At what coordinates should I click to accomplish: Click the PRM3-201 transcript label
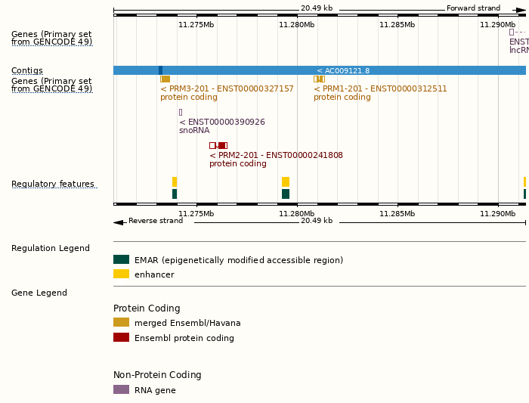coord(227,88)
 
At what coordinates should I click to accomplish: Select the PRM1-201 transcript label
coord(380,88)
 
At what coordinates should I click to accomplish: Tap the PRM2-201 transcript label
coord(276,155)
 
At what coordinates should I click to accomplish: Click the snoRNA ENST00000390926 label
coord(222,122)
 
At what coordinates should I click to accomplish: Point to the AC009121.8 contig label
coord(343,70)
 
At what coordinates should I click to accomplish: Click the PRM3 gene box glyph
coord(165,79)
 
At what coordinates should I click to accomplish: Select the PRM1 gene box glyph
coord(319,79)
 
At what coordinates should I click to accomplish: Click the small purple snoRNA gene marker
coord(181,112)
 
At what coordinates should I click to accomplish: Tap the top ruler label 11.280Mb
coord(296,25)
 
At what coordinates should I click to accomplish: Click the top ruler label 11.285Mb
coord(397,25)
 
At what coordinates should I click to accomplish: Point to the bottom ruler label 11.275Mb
coord(196,213)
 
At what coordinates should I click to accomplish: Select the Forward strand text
coord(473,8)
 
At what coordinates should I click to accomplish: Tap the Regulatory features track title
coord(53,184)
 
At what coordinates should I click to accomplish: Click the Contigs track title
coord(27,70)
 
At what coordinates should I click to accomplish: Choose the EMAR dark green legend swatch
coord(121,259)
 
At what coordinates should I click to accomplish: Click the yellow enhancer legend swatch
coord(121,274)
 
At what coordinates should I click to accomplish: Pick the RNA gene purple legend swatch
coord(121,389)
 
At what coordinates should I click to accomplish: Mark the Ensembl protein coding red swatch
coord(121,337)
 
